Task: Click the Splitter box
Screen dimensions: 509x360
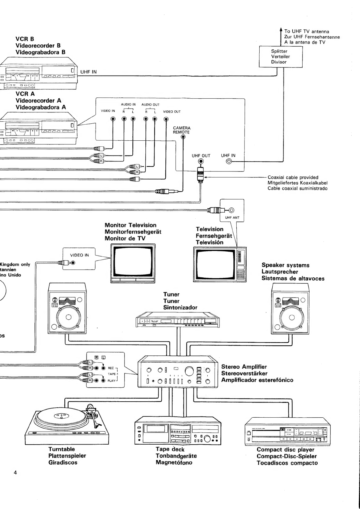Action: tap(281, 57)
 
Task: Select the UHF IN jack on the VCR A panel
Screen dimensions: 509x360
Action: tap(229, 162)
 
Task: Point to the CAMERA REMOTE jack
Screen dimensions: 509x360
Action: tap(183, 137)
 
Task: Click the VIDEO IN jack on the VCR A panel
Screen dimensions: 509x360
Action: tap(112, 119)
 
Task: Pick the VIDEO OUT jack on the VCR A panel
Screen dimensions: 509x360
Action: tap(166, 119)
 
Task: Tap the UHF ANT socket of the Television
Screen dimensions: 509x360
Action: tap(231, 210)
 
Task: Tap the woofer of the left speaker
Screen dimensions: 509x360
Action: tap(68, 317)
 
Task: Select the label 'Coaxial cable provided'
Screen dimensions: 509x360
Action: tap(293, 178)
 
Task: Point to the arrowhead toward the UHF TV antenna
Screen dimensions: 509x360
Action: tap(281, 30)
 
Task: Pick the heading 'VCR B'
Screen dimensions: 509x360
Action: tap(25, 39)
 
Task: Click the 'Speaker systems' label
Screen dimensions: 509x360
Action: tap(285, 265)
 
